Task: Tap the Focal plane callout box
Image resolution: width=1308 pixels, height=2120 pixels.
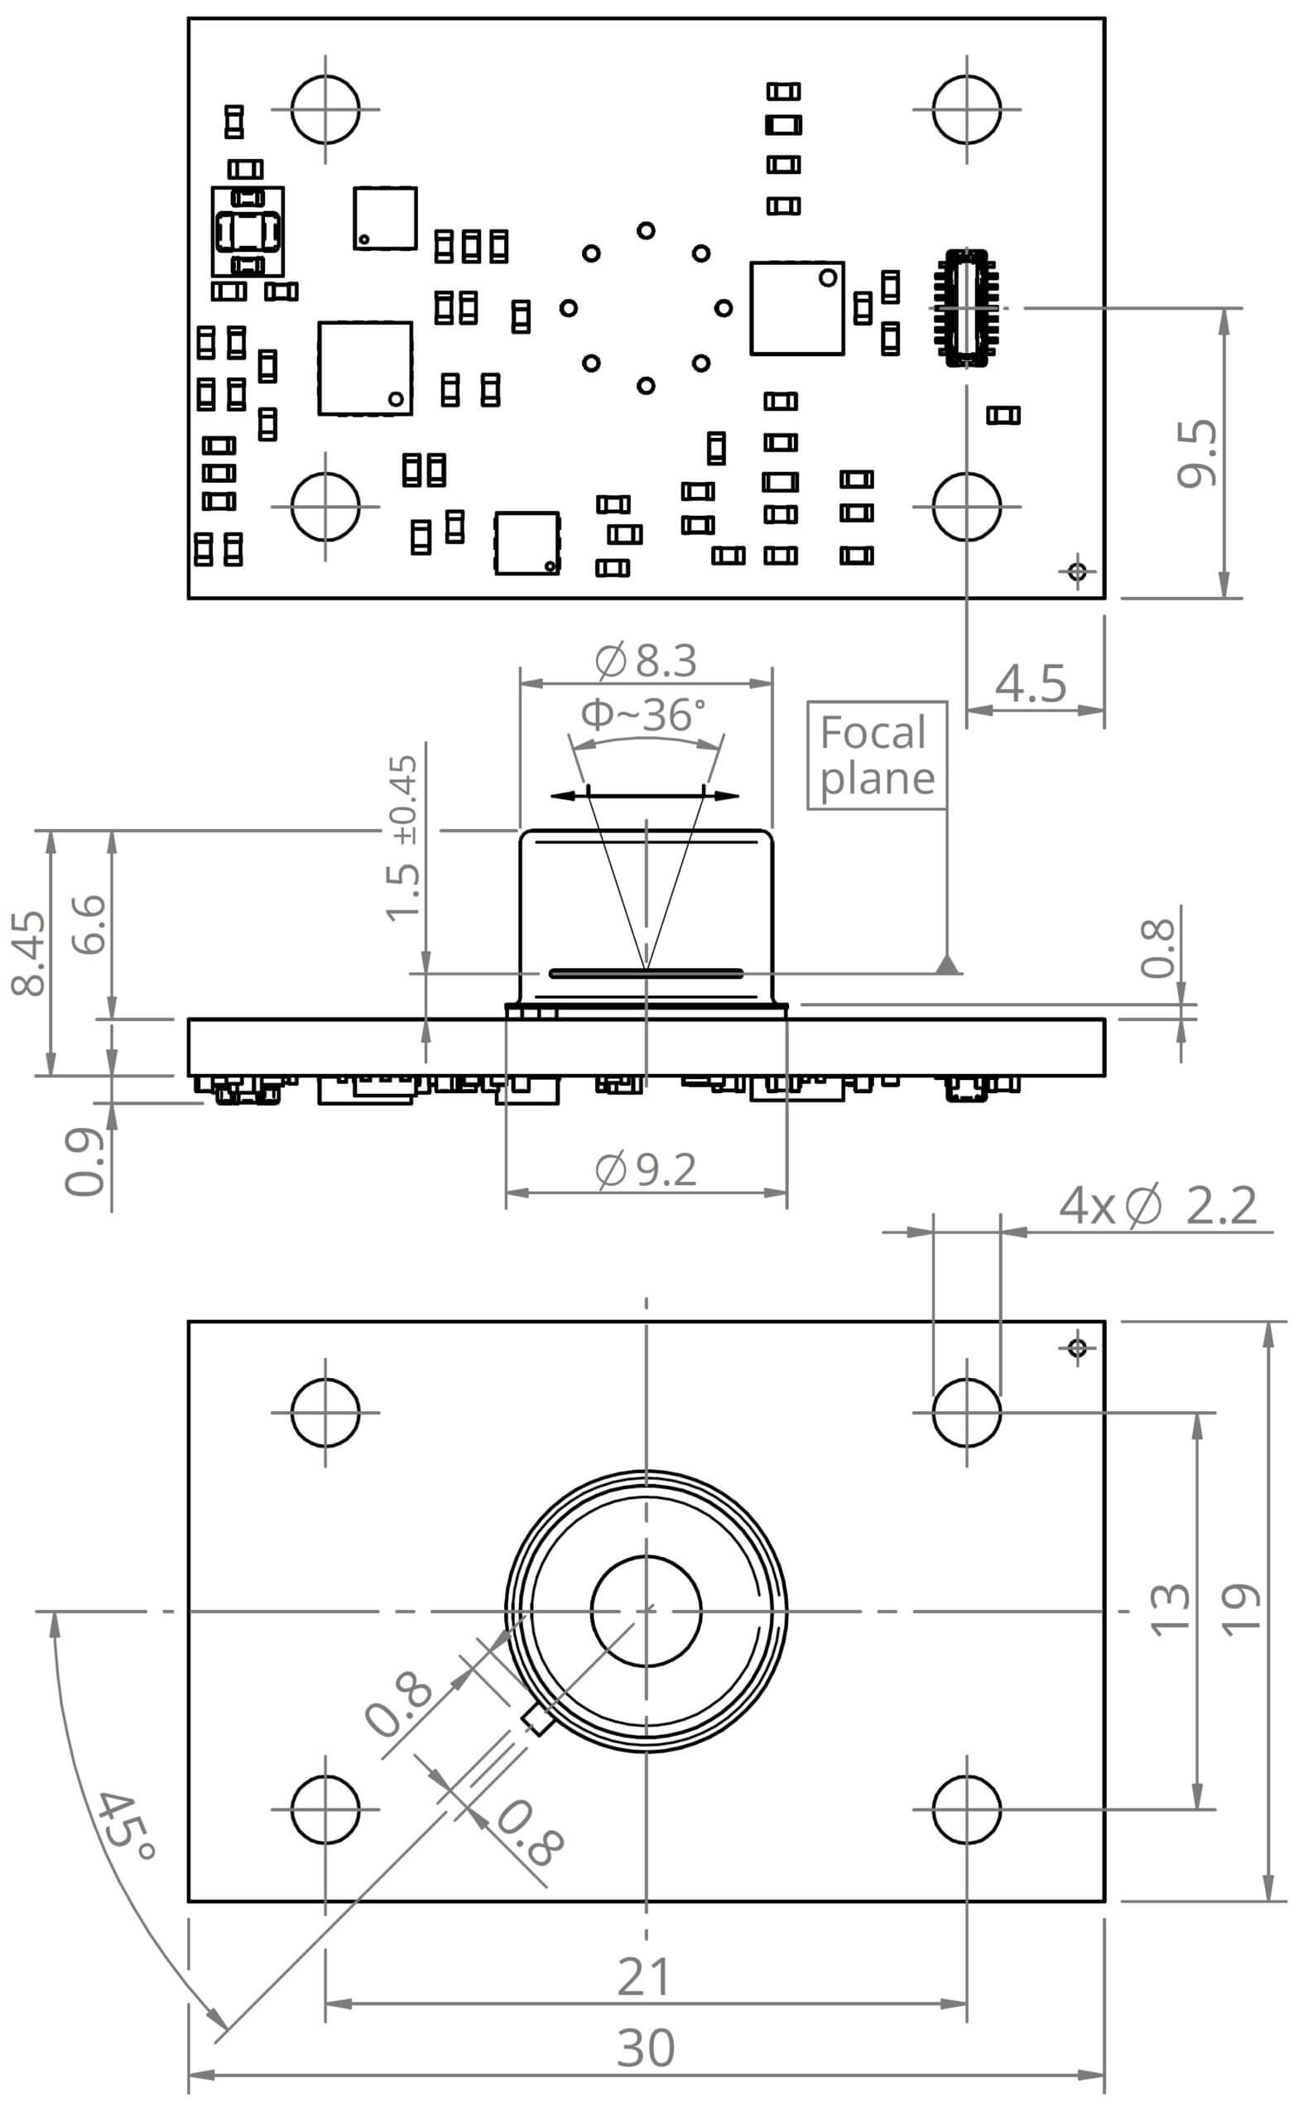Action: coord(877,755)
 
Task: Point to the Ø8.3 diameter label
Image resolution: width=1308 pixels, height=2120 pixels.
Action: coord(647,661)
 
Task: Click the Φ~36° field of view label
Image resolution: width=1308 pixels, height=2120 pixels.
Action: coord(642,715)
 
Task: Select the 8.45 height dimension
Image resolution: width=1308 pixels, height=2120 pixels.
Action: coord(28,952)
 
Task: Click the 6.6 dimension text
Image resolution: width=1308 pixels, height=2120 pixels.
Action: coord(89,924)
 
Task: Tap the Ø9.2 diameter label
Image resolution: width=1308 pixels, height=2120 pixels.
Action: coord(647,1170)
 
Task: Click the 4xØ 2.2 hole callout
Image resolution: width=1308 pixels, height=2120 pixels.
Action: coord(1157,1207)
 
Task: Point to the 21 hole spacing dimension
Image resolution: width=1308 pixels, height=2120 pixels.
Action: coord(645,1978)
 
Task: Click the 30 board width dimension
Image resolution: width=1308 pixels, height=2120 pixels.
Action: coord(646,2048)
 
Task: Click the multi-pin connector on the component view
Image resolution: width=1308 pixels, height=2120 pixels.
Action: coord(966,307)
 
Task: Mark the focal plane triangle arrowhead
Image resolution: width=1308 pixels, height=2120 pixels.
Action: coord(948,964)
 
